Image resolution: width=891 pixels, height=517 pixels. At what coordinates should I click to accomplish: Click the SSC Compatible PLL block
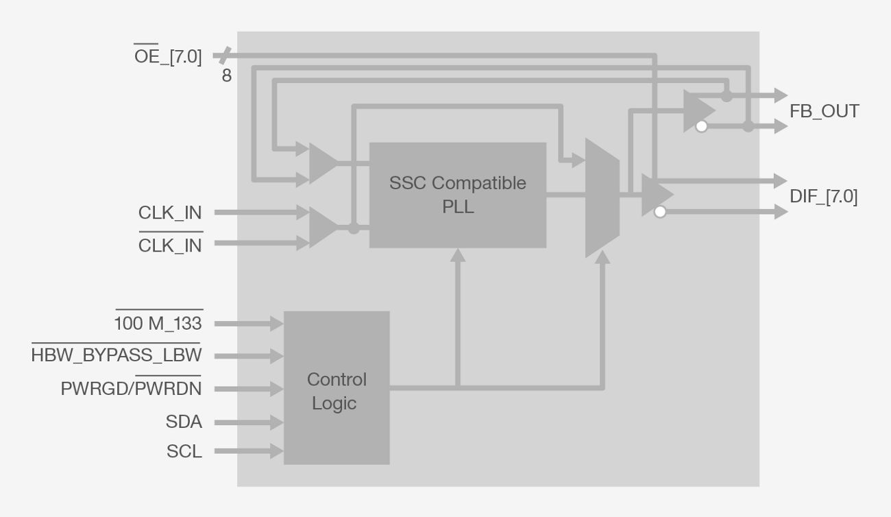(457, 195)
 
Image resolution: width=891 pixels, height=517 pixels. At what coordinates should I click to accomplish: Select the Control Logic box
(337, 388)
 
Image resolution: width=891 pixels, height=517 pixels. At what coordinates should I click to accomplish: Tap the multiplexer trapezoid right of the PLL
(602, 197)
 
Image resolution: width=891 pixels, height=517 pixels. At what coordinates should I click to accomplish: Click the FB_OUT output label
(824, 111)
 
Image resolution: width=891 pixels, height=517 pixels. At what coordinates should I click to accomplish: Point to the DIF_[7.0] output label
(823, 197)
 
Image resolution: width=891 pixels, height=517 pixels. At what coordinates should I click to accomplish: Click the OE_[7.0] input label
(168, 56)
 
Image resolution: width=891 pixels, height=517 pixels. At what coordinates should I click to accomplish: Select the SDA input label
(184, 422)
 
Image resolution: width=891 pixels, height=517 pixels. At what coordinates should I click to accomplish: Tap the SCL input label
(184, 452)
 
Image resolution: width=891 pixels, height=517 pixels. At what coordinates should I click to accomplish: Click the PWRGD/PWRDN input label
(131, 389)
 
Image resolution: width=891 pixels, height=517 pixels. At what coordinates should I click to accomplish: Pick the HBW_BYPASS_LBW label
(117, 355)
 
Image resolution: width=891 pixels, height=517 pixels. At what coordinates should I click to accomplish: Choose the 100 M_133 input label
(158, 323)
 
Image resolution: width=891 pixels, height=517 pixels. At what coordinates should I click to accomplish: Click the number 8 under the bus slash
(226, 76)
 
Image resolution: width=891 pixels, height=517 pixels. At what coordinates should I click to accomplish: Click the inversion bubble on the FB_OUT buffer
(700, 127)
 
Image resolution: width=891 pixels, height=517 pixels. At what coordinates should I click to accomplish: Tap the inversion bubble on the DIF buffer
(659, 212)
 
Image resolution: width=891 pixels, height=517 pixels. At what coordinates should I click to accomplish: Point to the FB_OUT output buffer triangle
(698, 110)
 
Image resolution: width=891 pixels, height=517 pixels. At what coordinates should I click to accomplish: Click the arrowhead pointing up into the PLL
(458, 255)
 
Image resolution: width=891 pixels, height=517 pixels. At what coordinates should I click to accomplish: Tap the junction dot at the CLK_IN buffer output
(354, 228)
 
